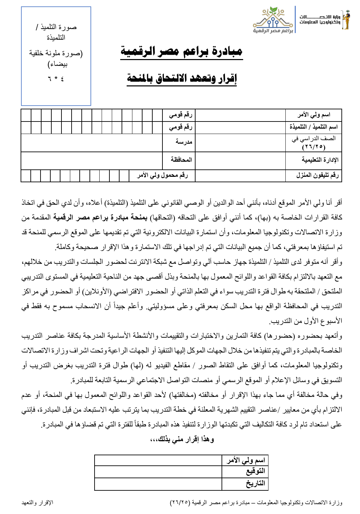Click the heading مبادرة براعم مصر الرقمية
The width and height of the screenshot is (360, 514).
[x=182, y=52]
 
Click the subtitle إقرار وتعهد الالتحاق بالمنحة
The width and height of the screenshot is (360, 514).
[x=182, y=79]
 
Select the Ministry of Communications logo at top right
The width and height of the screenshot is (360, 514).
[x=324, y=20]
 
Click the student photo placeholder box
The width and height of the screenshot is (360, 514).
[x=56, y=56]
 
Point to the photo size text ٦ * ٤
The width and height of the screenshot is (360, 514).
[x=56, y=79]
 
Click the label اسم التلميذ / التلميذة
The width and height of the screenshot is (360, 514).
[x=313, y=127]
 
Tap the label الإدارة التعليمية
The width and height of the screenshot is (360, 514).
[x=320, y=160]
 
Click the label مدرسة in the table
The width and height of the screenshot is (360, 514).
[x=184, y=142]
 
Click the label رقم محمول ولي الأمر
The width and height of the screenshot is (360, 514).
[x=162, y=175]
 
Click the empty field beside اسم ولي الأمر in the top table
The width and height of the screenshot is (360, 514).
[x=240, y=115]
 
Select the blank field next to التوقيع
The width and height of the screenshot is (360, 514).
[x=158, y=471]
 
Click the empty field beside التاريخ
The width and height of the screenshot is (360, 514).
[x=158, y=484]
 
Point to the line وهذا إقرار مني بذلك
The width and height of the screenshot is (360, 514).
[x=182, y=439]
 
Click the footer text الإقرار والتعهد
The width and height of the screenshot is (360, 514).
[x=37, y=503]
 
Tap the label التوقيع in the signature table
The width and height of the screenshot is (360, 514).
[x=255, y=471]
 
